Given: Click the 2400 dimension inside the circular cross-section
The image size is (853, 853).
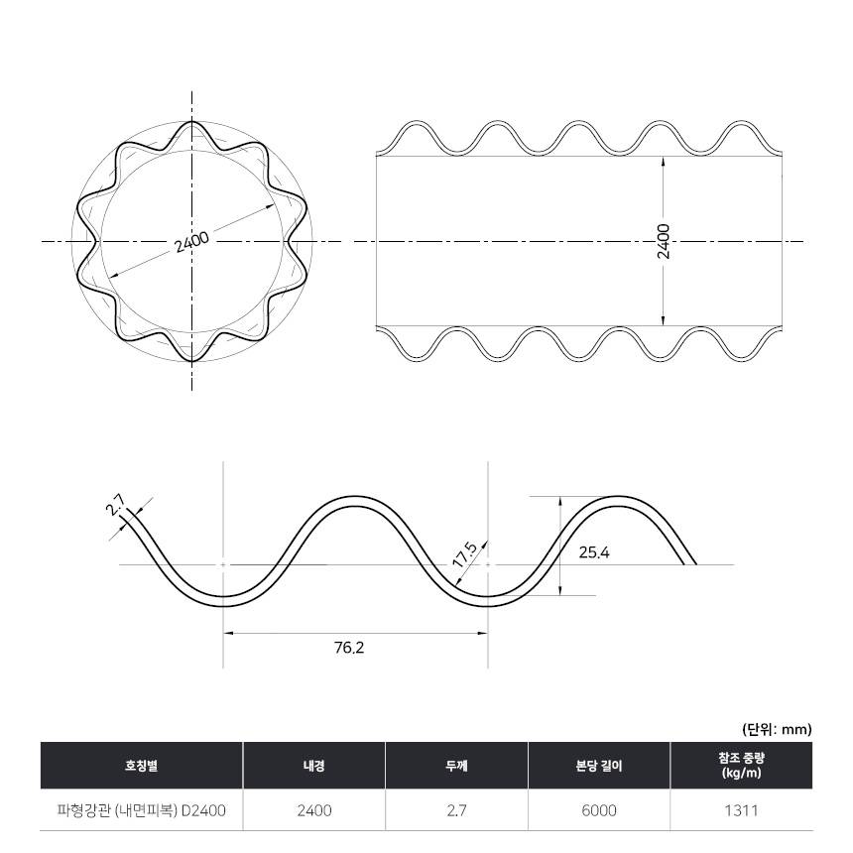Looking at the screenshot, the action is click(x=191, y=243).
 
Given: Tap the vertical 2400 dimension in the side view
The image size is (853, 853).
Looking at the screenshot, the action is click(x=664, y=241).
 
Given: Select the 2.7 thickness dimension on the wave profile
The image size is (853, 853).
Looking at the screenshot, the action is click(x=115, y=504).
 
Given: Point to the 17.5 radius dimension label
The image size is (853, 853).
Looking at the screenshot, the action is click(x=464, y=554).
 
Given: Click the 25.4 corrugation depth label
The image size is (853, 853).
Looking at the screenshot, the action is click(x=594, y=552).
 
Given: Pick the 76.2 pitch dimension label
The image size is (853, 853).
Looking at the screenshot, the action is click(x=349, y=648).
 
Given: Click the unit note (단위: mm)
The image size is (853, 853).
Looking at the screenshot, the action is click(x=777, y=729).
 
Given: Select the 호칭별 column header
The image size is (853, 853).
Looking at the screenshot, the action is click(x=142, y=766).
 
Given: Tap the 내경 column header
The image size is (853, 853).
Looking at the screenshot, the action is click(x=314, y=766).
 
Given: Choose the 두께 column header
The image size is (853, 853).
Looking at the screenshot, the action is click(x=457, y=766).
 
